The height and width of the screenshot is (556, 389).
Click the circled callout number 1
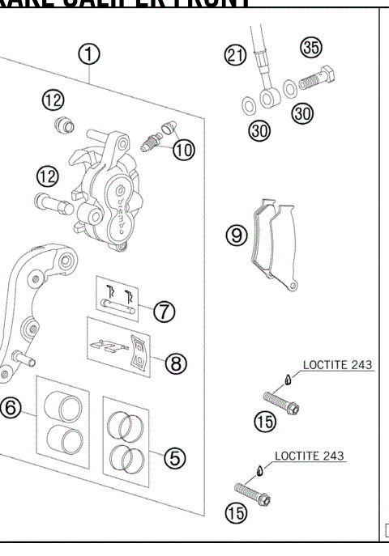[89, 54]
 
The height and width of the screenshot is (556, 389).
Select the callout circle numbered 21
[236, 55]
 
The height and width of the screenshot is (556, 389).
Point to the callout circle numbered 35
[310, 47]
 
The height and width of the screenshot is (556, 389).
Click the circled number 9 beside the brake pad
[237, 236]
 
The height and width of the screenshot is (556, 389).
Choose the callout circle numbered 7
[167, 311]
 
